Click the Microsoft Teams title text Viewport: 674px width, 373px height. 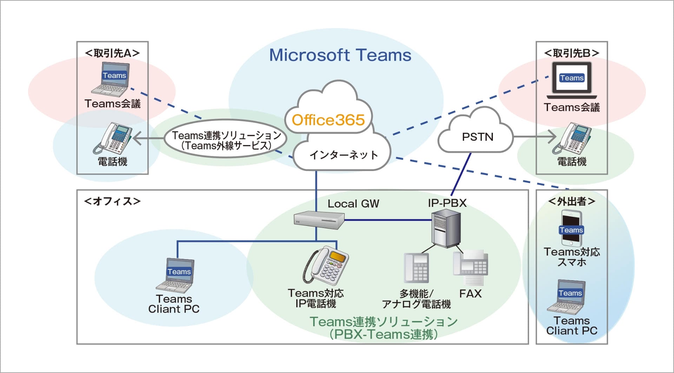click(x=340, y=55)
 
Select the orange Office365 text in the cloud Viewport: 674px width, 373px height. click(x=328, y=120)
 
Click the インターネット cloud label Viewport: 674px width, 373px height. click(x=343, y=155)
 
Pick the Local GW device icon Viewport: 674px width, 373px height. click(x=319, y=220)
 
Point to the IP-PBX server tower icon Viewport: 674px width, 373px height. click(x=446, y=228)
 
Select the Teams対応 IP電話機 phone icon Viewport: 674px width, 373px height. click(x=326, y=265)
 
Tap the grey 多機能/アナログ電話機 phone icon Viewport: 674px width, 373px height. click(x=417, y=268)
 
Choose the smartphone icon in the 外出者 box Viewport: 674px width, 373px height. click(x=571, y=228)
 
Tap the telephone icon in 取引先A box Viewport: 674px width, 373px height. click(x=113, y=138)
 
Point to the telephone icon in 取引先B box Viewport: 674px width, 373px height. click(x=572, y=138)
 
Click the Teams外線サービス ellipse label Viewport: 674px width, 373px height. click(x=226, y=140)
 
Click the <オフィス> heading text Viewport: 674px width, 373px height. click(x=112, y=201)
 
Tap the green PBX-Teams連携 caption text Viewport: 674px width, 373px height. click(x=384, y=328)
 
